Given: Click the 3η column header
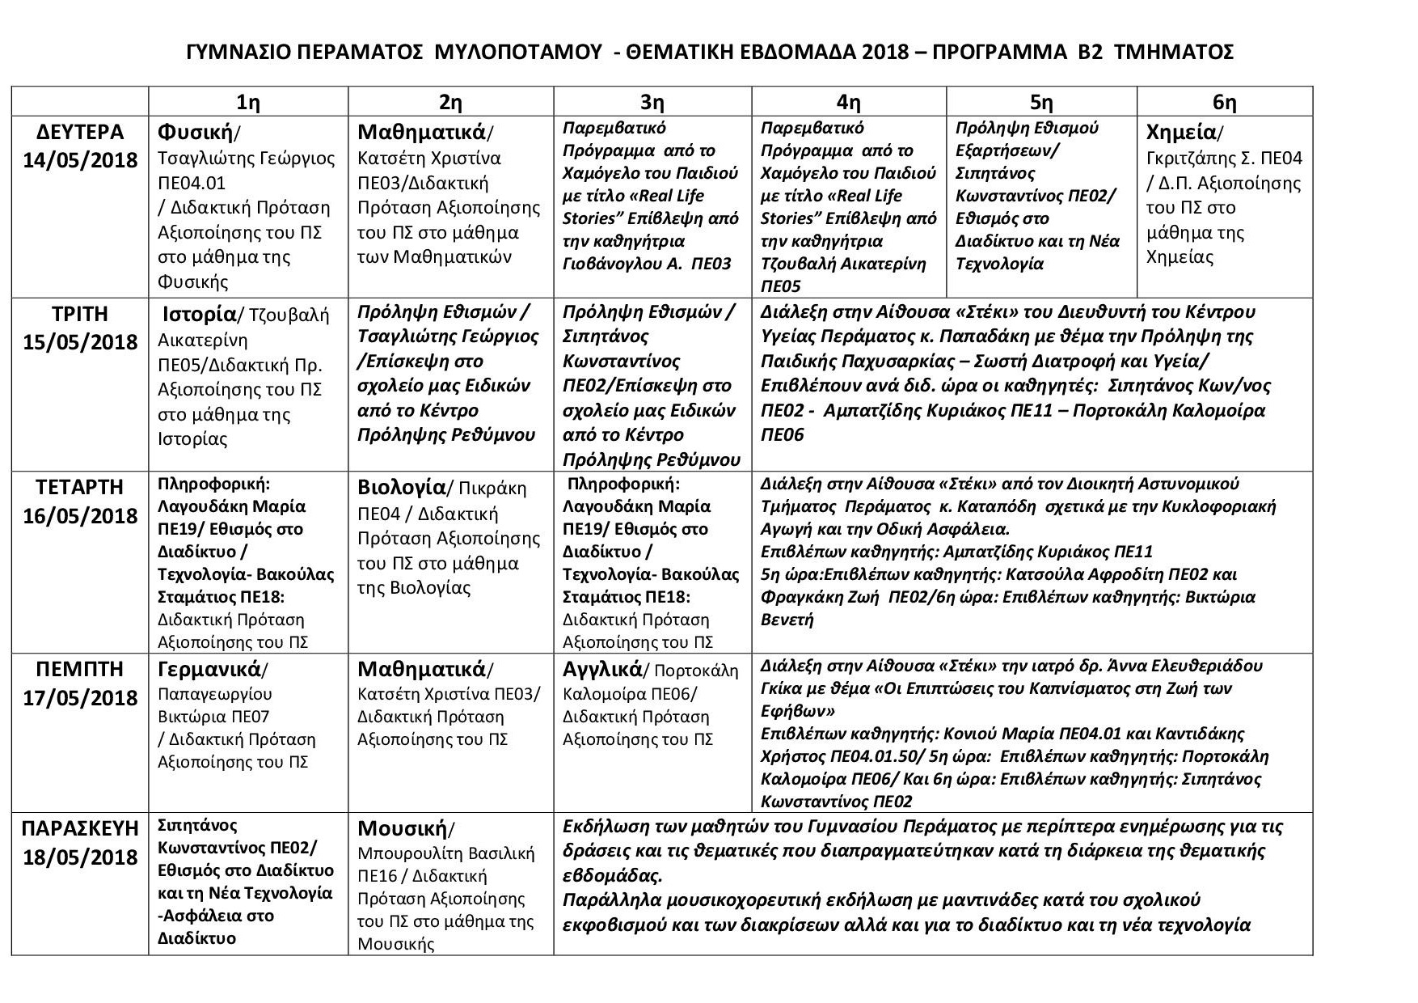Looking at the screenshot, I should pyautogui.click(x=652, y=103).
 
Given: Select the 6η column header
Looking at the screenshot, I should pyautogui.click(x=1224, y=103).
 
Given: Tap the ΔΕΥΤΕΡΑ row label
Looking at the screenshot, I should pyautogui.click(x=79, y=132).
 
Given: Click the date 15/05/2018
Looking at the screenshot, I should pyautogui.click(x=79, y=341).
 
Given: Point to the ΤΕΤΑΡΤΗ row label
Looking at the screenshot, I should pyautogui.click(x=79, y=487).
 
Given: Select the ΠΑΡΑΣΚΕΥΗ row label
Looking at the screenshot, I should pyautogui.click(x=79, y=829).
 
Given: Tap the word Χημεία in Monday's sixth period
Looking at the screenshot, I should pyautogui.click(x=1181, y=132).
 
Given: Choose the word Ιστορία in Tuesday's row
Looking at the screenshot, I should pyautogui.click(x=199, y=314).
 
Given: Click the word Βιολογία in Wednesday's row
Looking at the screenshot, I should pyautogui.click(x=401, y=488).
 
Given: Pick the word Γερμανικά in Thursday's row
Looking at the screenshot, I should pyautogui.click(x=209, y=670).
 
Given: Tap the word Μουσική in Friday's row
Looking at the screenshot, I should pyautogui.click(x=402, y=829).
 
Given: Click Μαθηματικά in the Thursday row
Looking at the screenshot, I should pyautogui.click(x=421, y=670).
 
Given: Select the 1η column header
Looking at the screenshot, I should pyautogui.click(x=247, y=103).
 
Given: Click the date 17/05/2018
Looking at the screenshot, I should pyautogui.click(x=79, y=697).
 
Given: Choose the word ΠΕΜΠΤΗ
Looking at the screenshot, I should pyautogui.click(x=79, y=670).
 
